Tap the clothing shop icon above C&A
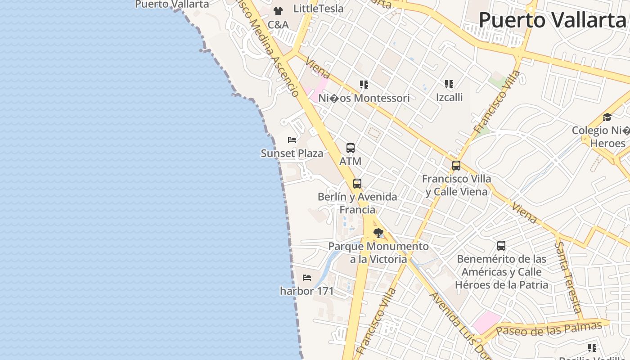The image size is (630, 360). tap(278, 11)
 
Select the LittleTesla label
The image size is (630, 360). tap(318, 9)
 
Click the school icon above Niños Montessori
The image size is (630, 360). tap(364, 85)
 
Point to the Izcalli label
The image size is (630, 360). tap(449, 97)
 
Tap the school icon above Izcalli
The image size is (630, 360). tap(449, 84)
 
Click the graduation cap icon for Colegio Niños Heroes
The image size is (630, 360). tap(607, 117)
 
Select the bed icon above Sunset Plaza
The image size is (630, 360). tap(292, 140)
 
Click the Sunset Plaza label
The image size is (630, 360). tap(292, 153)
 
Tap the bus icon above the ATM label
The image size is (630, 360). tap(351, 148)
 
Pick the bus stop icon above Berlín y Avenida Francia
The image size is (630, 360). tap(357, 184)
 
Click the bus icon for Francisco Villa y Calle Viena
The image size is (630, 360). tap(456, 166)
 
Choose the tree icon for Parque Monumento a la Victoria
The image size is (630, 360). tap(378, 233)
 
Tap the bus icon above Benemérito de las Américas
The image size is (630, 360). tap(501, 246)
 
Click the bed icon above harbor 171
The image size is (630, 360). tap(307, 278)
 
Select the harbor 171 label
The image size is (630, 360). tap(307, 291)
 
